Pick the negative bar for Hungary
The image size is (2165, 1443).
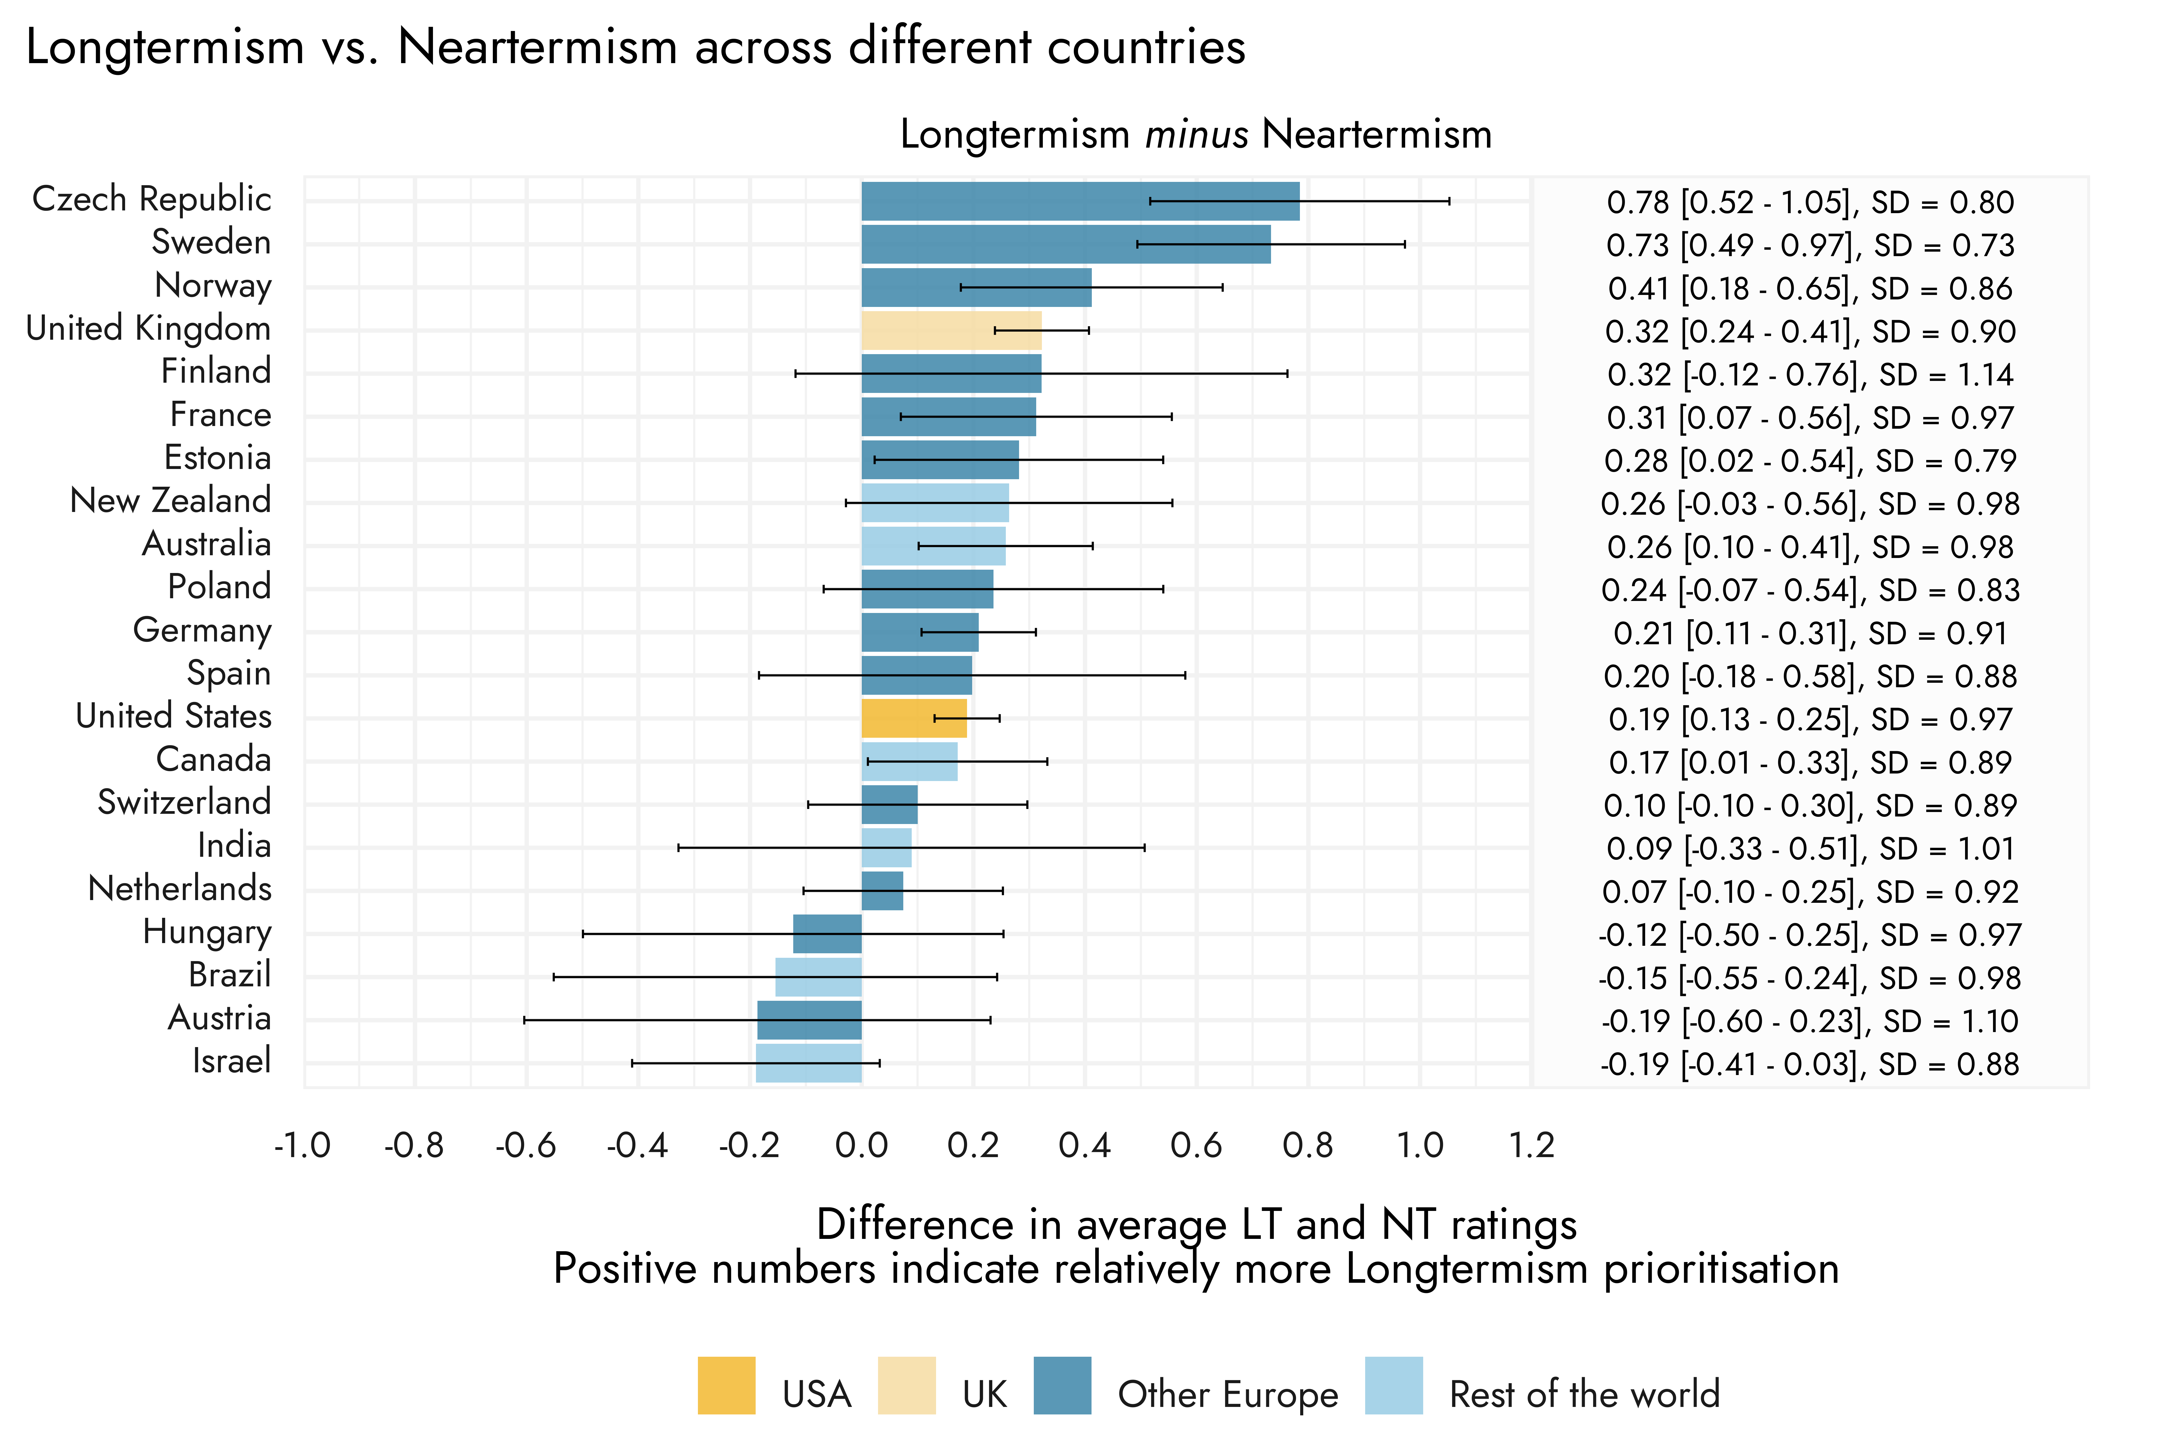827,934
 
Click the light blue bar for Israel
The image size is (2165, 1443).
808,1063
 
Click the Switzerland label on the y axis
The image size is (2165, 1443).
184,802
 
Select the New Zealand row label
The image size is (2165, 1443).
170,501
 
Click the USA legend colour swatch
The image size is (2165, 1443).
726,1385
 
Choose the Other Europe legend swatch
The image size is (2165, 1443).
1062,1385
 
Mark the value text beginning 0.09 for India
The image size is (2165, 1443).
1810,848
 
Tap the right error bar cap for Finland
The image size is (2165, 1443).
1287,374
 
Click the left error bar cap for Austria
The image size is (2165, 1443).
525,1020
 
